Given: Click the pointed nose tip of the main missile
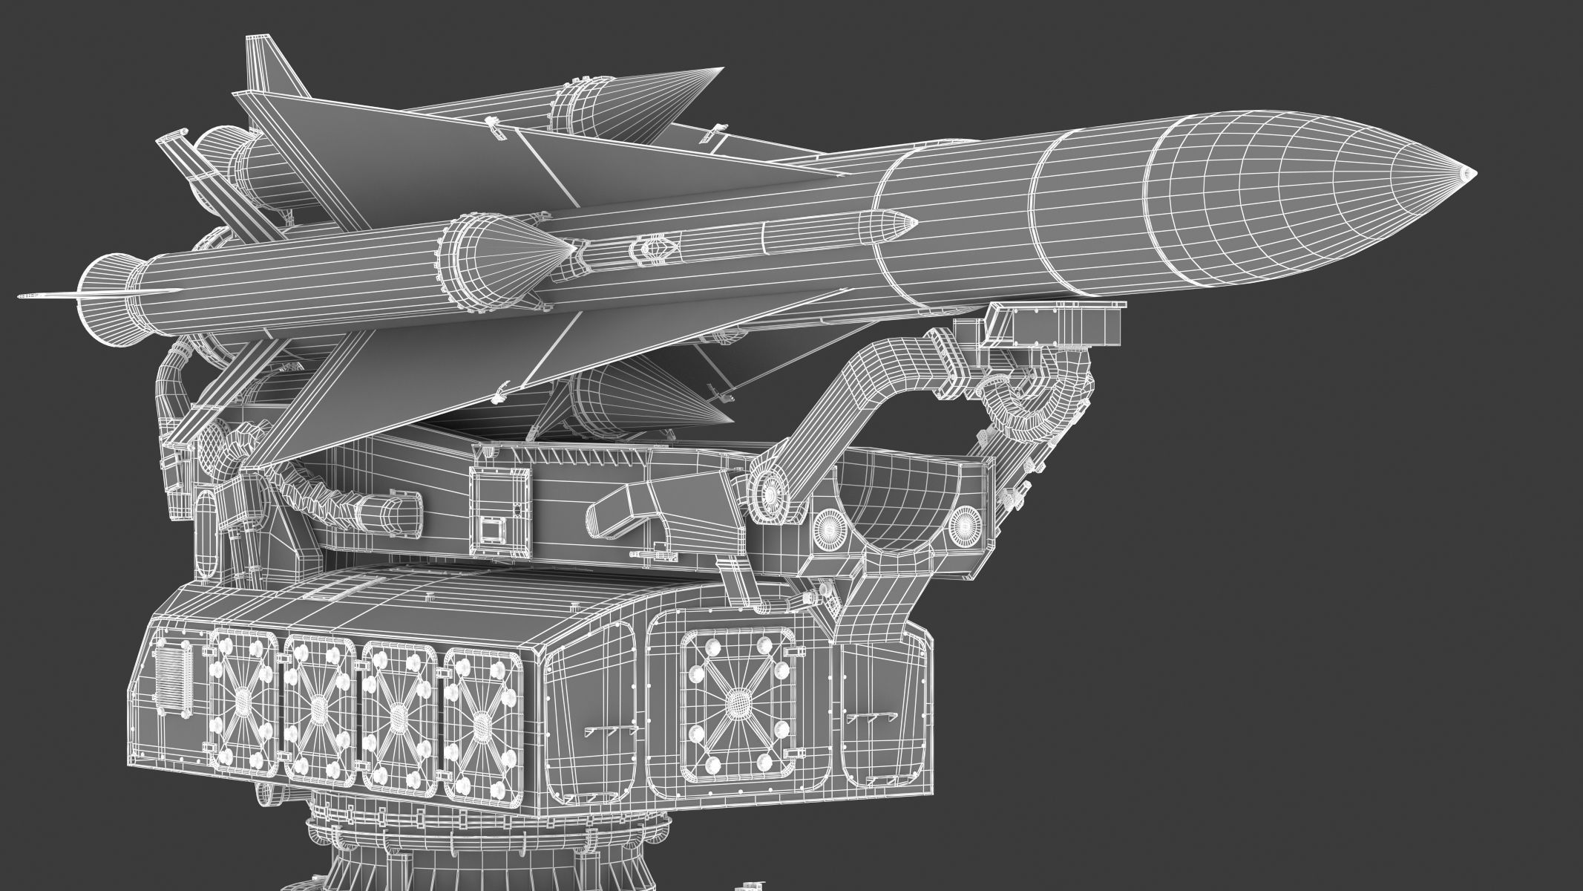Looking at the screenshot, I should [x=1472, y=174].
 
